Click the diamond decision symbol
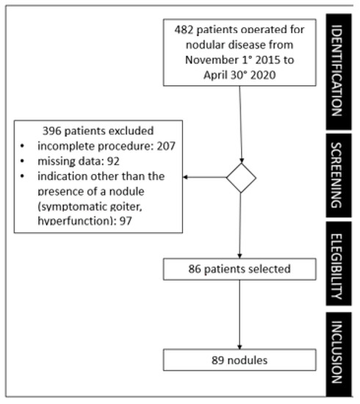240,177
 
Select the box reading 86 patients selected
240,269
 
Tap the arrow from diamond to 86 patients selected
240,224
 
